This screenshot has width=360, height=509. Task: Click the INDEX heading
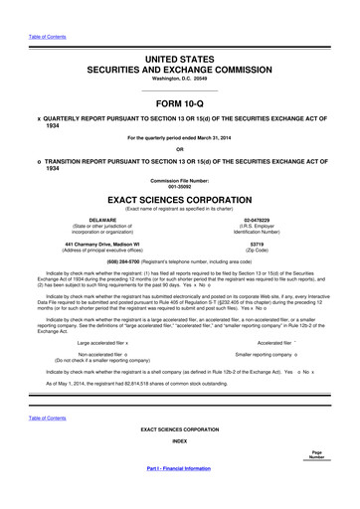click(179, 438)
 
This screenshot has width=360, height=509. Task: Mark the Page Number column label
click(316, 454)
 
